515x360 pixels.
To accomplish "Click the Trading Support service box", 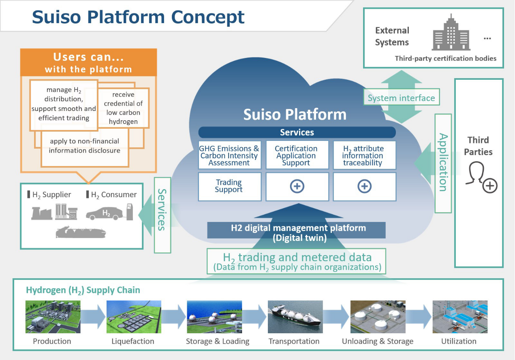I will coord(229,186).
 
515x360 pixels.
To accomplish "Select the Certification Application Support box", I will coord(297,156).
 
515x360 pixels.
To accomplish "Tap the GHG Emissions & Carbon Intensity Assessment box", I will coord(229,156).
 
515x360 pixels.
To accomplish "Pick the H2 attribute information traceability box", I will coord(364,156).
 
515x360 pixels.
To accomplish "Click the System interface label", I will coord(401,98).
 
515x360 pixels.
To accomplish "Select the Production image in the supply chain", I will coord(53,317).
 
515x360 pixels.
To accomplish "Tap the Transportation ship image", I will coord(295,317).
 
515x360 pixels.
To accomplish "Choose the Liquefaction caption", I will coord(133,341).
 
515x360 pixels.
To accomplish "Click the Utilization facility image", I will coord(459,317).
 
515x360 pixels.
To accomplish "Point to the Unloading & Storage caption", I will coord(378,341).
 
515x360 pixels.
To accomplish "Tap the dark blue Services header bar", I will coord(297,132).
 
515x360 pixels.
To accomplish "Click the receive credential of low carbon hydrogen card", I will coord(124,108).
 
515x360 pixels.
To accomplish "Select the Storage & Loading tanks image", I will coord(214,317).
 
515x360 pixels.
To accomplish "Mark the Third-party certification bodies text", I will coord(445,58).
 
